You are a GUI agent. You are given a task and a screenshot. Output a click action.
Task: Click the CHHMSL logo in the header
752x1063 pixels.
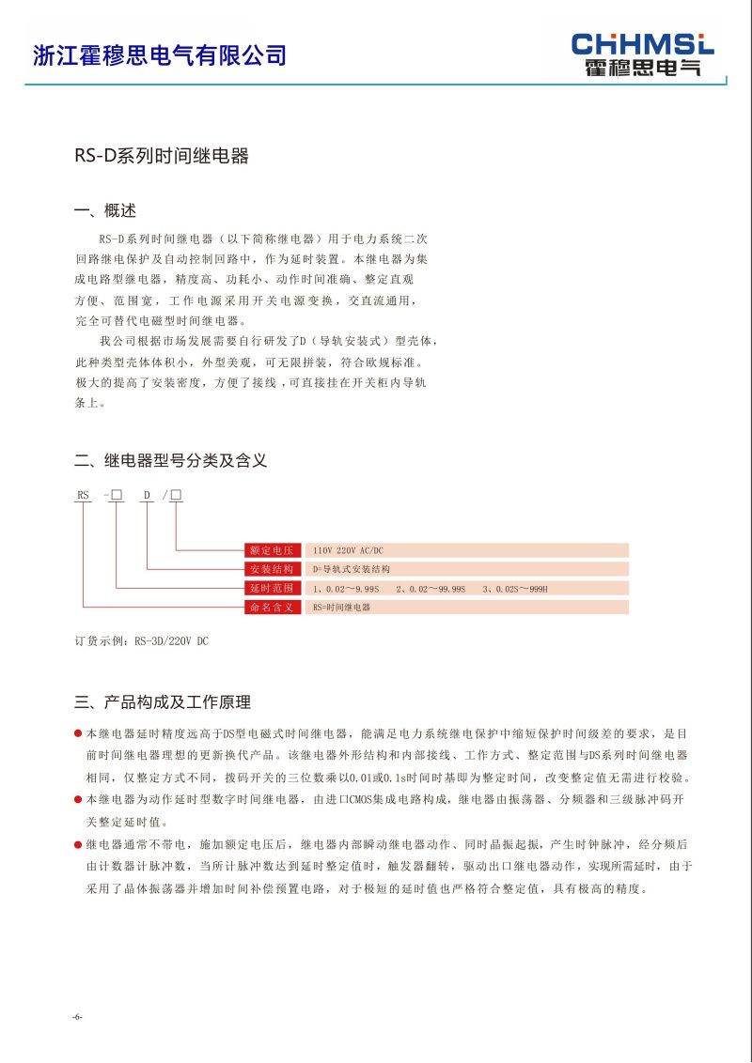click(643, 54)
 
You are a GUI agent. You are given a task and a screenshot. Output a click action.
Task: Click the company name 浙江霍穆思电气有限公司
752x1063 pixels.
click(160, 55)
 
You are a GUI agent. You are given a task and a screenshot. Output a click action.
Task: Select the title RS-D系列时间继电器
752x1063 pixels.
click(162, 156)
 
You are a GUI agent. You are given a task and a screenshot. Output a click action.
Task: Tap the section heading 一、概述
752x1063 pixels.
click(105, 210)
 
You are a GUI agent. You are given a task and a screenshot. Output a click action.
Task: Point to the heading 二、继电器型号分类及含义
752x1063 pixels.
click(171, 460)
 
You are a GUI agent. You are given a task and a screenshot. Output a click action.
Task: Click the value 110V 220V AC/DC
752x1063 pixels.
click(353, 550)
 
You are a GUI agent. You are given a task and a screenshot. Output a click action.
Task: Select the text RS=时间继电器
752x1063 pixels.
click(342, 608)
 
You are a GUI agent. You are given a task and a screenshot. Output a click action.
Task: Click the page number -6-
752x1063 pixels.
click(77, 1018)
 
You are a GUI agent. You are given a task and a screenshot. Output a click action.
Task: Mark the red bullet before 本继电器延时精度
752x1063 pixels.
click(78, 732)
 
